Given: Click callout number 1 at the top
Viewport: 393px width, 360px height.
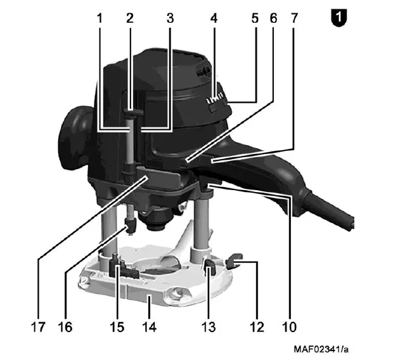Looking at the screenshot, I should (x=100, y=18).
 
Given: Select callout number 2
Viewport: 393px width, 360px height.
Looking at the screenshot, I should (x=129, y=18).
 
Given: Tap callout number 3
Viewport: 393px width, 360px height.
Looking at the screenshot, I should (x=170, y=18).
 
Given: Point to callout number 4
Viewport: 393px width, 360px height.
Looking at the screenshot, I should (x=214, y=18).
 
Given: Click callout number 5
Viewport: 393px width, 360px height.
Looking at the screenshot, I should (x=255, y=18).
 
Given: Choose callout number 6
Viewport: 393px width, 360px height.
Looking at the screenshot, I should (x=273, y=18).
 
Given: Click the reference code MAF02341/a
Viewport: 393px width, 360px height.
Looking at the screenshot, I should (x=324, y=349).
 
